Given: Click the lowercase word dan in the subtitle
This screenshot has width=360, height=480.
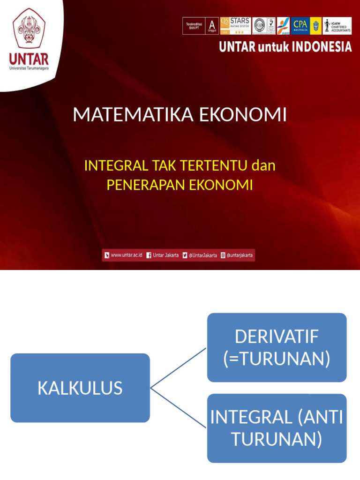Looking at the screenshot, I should [263, 165].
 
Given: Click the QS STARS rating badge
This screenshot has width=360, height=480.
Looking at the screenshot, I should [235, 26].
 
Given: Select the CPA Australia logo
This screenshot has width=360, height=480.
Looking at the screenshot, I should [300, 26].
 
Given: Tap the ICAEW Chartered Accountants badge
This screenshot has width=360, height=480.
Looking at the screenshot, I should [337, 26].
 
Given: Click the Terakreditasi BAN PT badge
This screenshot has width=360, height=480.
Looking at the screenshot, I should [200, 26].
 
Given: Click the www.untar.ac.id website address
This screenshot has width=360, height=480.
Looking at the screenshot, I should [126, 255].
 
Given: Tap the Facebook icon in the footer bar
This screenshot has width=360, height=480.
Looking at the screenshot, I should [149, 255].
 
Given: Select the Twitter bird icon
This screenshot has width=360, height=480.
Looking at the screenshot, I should [185, 255].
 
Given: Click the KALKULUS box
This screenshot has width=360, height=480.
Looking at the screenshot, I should [80, 388].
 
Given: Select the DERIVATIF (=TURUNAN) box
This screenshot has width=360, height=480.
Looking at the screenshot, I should [277, 347].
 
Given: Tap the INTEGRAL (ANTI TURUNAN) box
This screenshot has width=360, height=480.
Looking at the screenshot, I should [277, 428].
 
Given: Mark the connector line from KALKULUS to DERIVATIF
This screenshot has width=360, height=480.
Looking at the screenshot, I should [178, 367].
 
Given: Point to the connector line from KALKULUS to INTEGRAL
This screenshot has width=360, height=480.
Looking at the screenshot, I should [178, 408].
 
